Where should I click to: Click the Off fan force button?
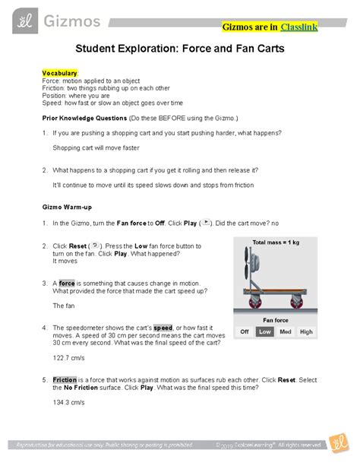pos(245,332)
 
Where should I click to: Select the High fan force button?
pos(306,332)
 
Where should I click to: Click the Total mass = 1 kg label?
pos(276,243)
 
